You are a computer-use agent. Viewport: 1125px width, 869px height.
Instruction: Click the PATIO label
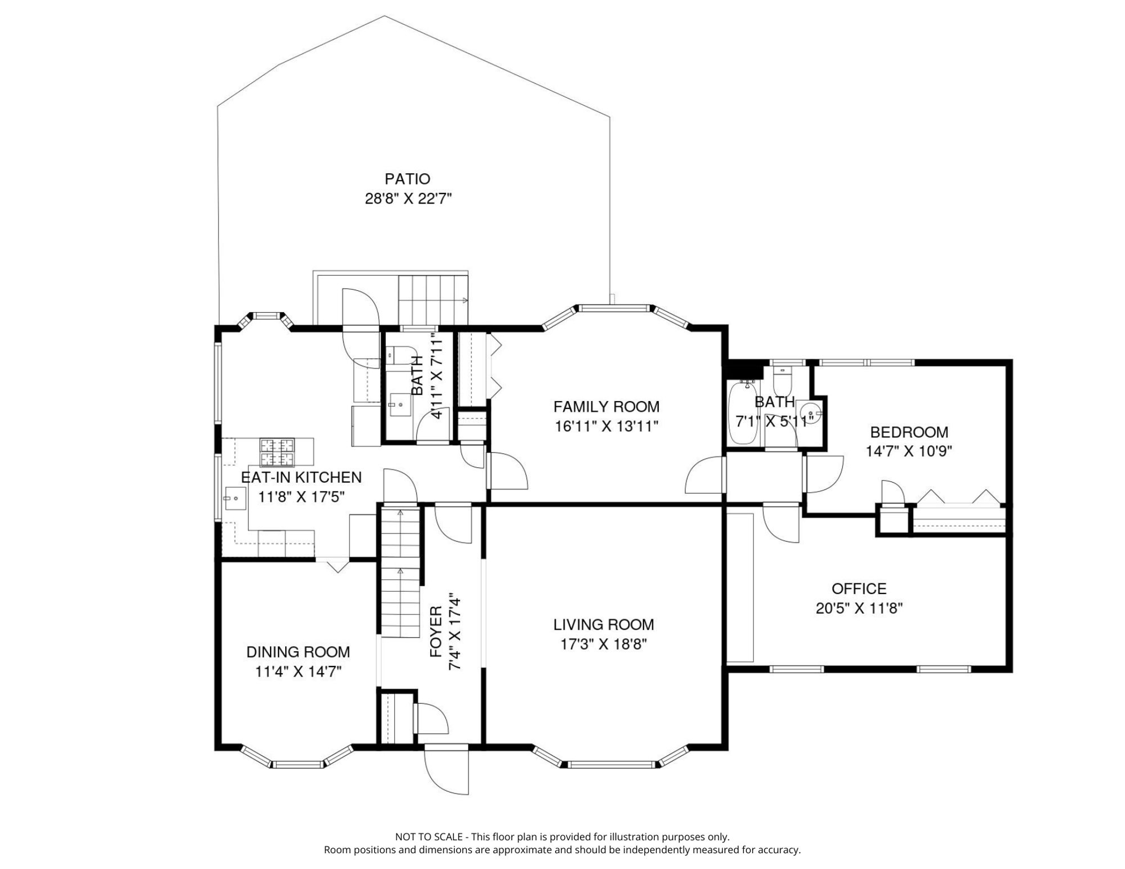(x=407, y=179)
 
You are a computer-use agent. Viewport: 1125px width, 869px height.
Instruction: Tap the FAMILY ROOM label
(x=606, y=407)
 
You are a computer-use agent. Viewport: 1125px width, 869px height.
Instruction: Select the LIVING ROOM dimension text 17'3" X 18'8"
(x=603, y=644)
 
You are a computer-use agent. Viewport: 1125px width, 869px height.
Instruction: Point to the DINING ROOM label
(x=298, y=652)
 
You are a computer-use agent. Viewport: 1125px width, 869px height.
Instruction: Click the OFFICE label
(x=859, y=589)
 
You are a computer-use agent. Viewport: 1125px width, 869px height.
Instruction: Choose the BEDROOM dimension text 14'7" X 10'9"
(x=909, y=451)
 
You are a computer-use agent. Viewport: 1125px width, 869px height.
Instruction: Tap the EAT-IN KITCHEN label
(x=301, y=477)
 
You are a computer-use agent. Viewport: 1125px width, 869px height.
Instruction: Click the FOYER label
(x=436, y=631)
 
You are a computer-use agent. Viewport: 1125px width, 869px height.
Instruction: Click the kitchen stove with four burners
(x=277, y=452)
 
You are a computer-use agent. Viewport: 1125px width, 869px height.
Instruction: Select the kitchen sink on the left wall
(x=235, y=498)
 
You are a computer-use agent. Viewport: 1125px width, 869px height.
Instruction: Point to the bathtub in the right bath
(x=744, y=413)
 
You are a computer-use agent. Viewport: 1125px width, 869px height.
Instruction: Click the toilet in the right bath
(x=783, y=382)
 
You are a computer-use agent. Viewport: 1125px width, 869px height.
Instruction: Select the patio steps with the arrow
(x=433, y=300)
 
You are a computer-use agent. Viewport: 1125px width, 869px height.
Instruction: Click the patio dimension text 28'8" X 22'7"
(x=408, y=199)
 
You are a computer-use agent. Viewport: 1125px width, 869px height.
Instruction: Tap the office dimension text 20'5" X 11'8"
(x=859, y=609)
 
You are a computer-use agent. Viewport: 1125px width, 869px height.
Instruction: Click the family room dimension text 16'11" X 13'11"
(x=607, y=427)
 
